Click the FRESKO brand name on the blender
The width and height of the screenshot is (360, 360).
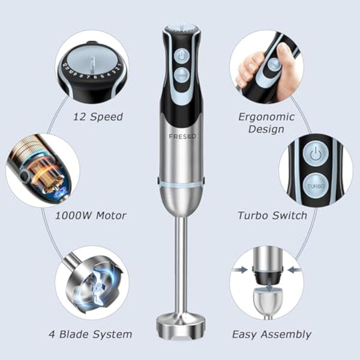[x=180, y=136]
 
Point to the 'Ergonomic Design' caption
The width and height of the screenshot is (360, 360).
[x=266, y=122]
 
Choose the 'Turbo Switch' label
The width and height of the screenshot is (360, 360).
[x=272, y=215]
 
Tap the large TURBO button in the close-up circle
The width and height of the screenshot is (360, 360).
[x=316, y=185]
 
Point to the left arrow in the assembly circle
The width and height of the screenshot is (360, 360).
[x=241, y=271]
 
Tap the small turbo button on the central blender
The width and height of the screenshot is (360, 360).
[x=181, y=74]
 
